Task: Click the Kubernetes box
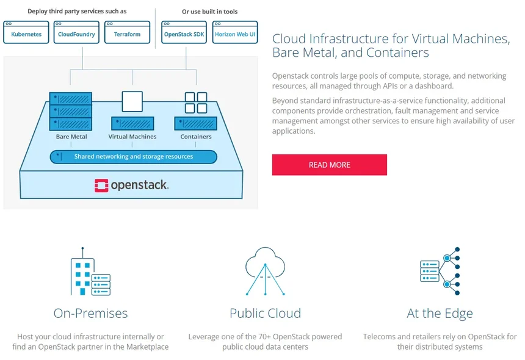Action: pos(26,34)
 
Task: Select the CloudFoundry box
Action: pos(76,34)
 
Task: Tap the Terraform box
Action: pos(127,34)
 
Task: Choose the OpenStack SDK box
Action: pos(184,34)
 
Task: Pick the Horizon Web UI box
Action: pos(235,34)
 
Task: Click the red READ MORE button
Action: pos(329,165)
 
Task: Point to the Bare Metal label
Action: pos(71,137)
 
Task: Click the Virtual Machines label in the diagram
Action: pos(132,137)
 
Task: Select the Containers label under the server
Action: pos(196,137)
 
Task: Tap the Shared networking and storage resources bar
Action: pos(133,157)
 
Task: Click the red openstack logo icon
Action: pos(101,185)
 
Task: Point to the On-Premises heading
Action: pos(90,314)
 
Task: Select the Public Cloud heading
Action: pos(265,314)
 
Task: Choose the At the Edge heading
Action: pos(440,314)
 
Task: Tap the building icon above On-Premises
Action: pos(90,273)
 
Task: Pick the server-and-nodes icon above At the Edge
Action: pos(440,270)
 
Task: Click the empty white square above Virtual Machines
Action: pos(132,101)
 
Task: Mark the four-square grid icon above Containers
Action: pos(196,103)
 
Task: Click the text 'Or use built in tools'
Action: pos(210,12)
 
